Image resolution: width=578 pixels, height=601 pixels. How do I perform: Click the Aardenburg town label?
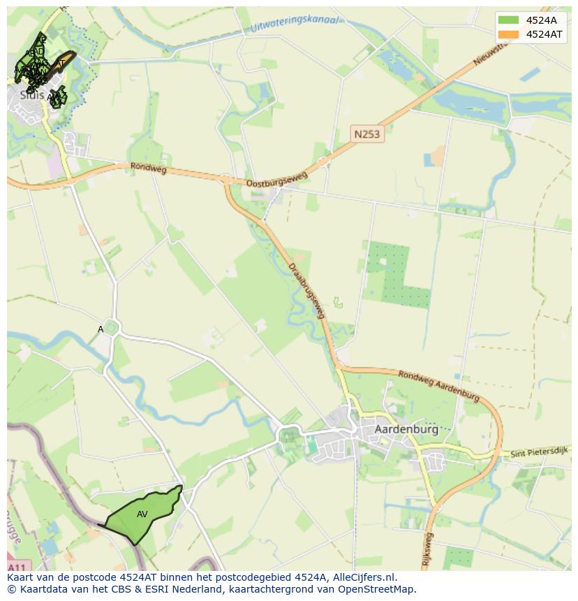tap(406, 429)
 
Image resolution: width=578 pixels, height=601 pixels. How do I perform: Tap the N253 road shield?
tap(366, 133)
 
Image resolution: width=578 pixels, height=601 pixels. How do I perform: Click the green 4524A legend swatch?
tap(509, 20)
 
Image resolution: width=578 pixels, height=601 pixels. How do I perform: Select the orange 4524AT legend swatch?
tap(509, 34)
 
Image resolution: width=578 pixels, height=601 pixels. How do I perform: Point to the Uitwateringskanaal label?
tap(294, 23)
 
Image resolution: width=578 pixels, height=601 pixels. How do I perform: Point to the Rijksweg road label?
tap(429, 548)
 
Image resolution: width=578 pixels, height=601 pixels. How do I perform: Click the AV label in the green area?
tap(142, 514)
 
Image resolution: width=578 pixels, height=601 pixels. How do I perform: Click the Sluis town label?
tap(32, 95)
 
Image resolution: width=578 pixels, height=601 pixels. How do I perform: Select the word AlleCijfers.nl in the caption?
tap(364, 577)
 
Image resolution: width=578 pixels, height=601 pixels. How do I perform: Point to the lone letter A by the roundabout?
tap(101, 329)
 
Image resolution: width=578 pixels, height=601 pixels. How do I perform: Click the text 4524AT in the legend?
tap(544, 34)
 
